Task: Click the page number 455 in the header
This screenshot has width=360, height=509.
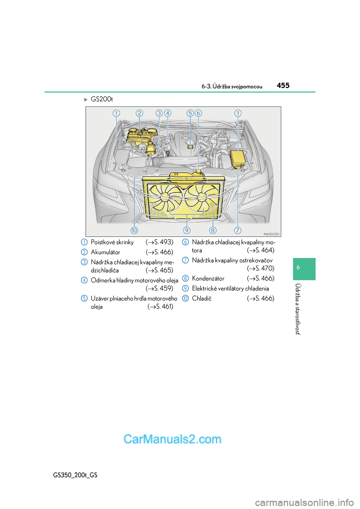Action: pos(283,85)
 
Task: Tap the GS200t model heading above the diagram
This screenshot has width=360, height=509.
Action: pos(102,99)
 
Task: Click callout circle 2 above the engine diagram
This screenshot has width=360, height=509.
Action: pos(139,113)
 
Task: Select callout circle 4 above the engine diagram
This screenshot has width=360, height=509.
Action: pos(168,113)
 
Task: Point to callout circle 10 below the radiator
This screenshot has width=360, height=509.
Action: pos(134,231)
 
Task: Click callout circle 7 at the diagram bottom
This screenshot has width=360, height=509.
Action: pos(237,231)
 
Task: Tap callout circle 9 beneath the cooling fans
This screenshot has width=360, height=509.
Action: pos(187,231)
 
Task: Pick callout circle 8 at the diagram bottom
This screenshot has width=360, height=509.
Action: pos(213,231)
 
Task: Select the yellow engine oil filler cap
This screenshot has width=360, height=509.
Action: pos(190,147)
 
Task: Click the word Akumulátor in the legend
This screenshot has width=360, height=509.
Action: pos(105,252)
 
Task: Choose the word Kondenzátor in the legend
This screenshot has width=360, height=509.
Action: pos(208,278)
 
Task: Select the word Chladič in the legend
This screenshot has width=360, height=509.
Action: pos(202,298)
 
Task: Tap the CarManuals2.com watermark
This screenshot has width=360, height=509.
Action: pos(172,439)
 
